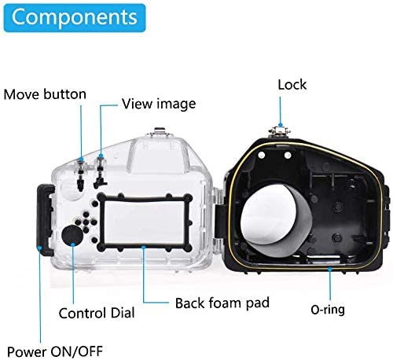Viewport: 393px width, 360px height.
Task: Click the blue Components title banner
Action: [x=75, y=18]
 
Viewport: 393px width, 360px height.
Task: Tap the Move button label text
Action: [x=45, y=94]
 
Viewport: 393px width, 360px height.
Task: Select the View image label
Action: [x=159, y=104]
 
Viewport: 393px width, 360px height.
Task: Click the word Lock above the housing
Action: [x=292, y=85]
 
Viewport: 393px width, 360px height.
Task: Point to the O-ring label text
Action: [x=328, y=310]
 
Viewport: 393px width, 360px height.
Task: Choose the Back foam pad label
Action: [x=222, y=303]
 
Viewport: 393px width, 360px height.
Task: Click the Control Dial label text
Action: [x=97, y=313]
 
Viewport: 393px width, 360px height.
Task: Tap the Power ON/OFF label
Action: [x=55, y=351]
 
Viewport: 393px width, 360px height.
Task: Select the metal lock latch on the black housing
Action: [x=281, y=132]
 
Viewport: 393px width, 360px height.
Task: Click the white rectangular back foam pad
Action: [x=144, y=222]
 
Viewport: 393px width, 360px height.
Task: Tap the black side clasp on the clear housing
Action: [x=45, y=219]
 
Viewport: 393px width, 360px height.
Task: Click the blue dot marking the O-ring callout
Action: [x=330, y=269]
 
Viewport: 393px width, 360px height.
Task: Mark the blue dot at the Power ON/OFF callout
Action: [x=39, y=248]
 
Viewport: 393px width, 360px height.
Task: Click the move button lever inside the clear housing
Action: [x=80, y=174]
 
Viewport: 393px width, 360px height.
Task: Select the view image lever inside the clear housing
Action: [x=100, y=171]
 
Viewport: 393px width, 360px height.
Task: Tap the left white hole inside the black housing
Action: [x=261, y=156]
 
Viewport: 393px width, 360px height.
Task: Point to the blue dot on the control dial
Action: [x=73, y=244]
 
